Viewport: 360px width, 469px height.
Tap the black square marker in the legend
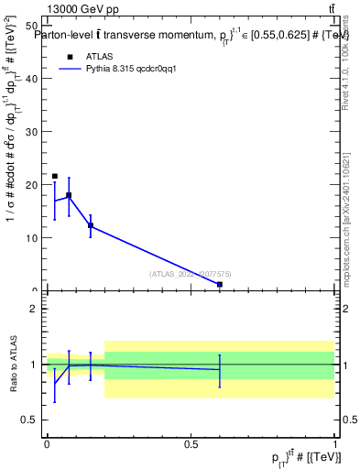[70, 56]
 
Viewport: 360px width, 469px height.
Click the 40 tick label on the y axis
[32, 78]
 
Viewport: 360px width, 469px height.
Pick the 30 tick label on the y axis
[32, 131]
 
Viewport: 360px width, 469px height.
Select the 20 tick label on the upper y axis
[32, 184]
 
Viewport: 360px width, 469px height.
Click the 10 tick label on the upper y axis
[32, 237]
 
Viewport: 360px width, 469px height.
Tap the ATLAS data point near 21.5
[55, 176]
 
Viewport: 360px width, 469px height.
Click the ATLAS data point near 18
[69, 195]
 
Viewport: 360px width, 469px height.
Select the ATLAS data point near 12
[91, 225]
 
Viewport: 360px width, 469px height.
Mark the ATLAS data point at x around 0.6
[220, 285]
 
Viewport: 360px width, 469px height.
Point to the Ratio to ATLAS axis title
[13, 365]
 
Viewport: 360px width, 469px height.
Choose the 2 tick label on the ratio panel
[34, 309]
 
